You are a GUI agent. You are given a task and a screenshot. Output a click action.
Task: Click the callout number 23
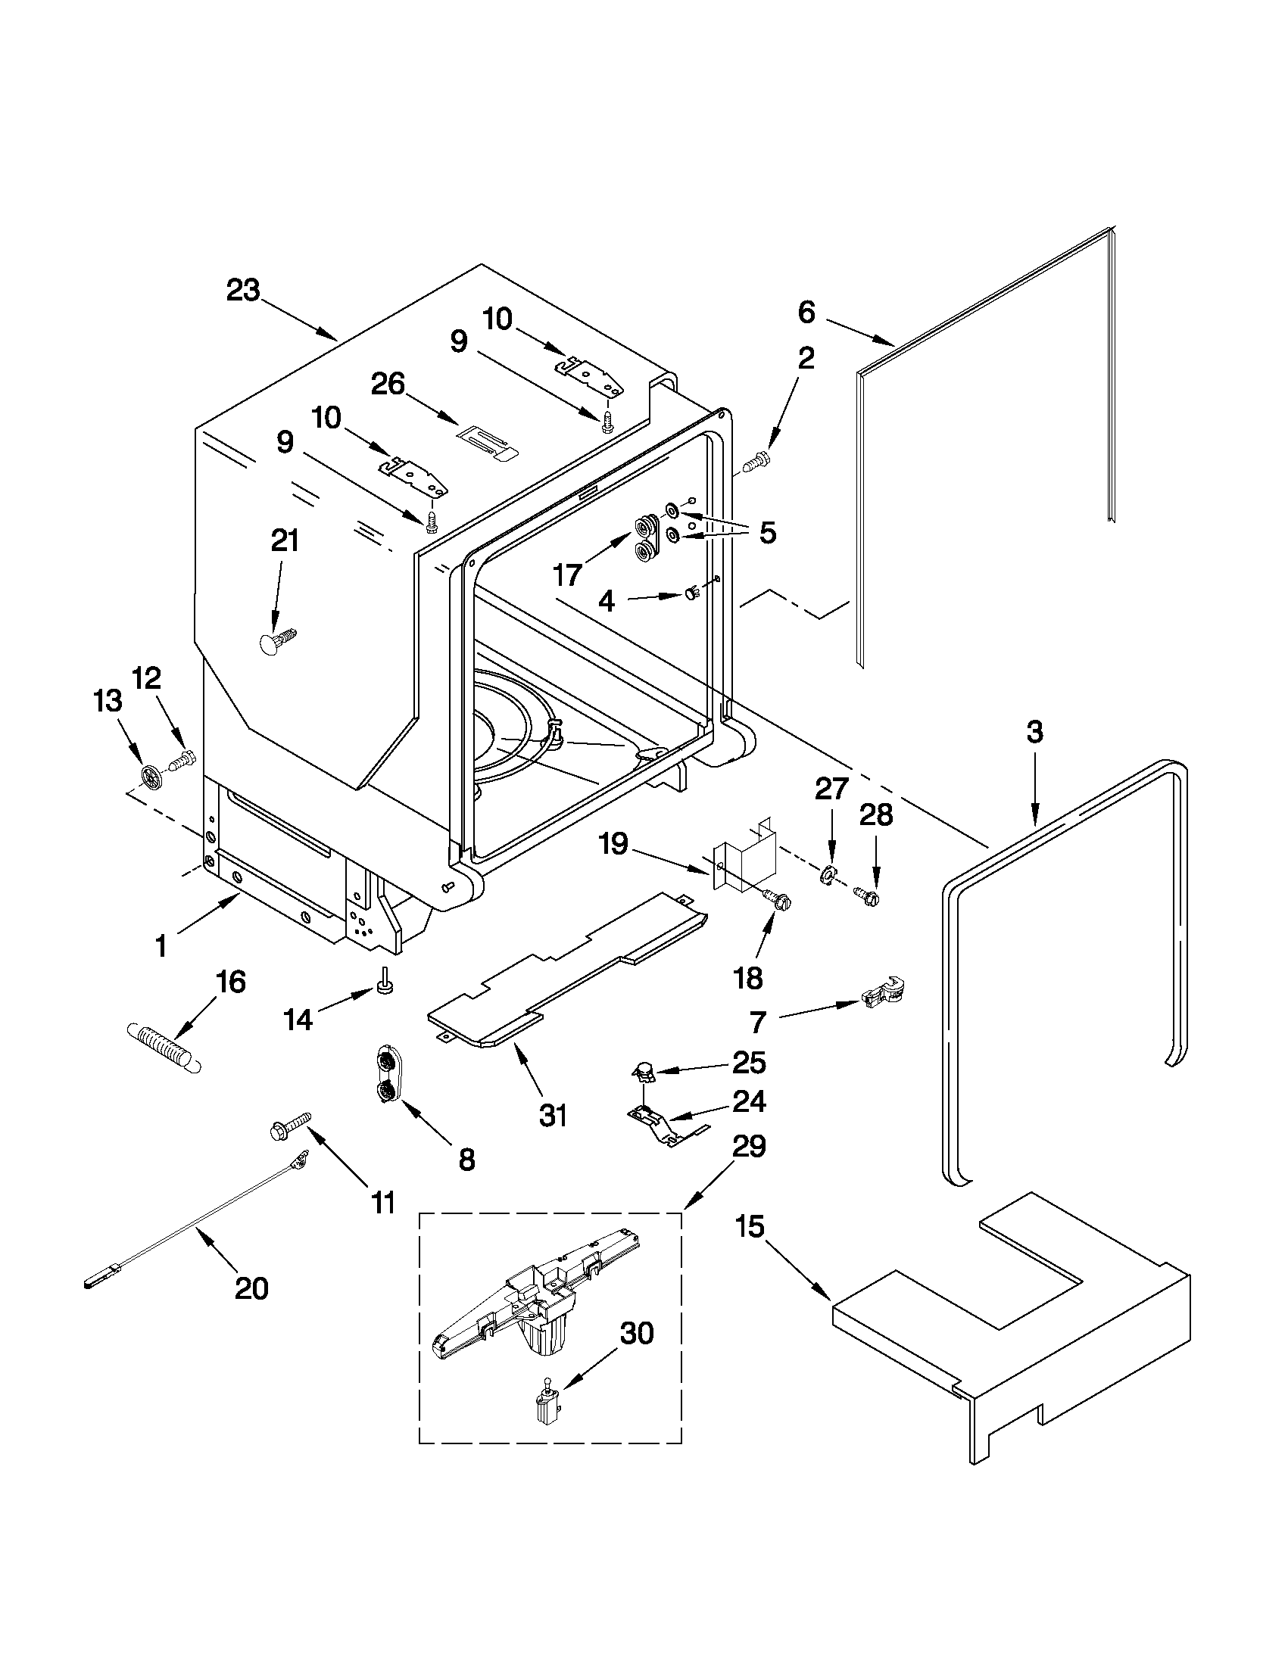click(242, 291)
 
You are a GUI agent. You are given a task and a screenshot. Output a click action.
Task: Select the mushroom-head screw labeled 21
click(277, 640)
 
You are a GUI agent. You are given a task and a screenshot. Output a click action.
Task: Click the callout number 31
click(553, 1115)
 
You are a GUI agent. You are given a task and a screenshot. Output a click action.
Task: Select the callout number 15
click(750, 1228)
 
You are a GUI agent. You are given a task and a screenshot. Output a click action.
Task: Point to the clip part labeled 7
click(881, 993)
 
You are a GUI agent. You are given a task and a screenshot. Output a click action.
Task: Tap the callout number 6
click(806, 312)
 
